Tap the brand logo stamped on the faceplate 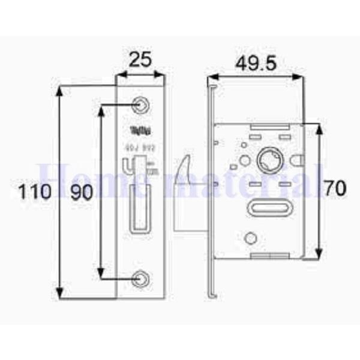(139, 130)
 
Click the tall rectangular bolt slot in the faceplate (139, 207)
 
